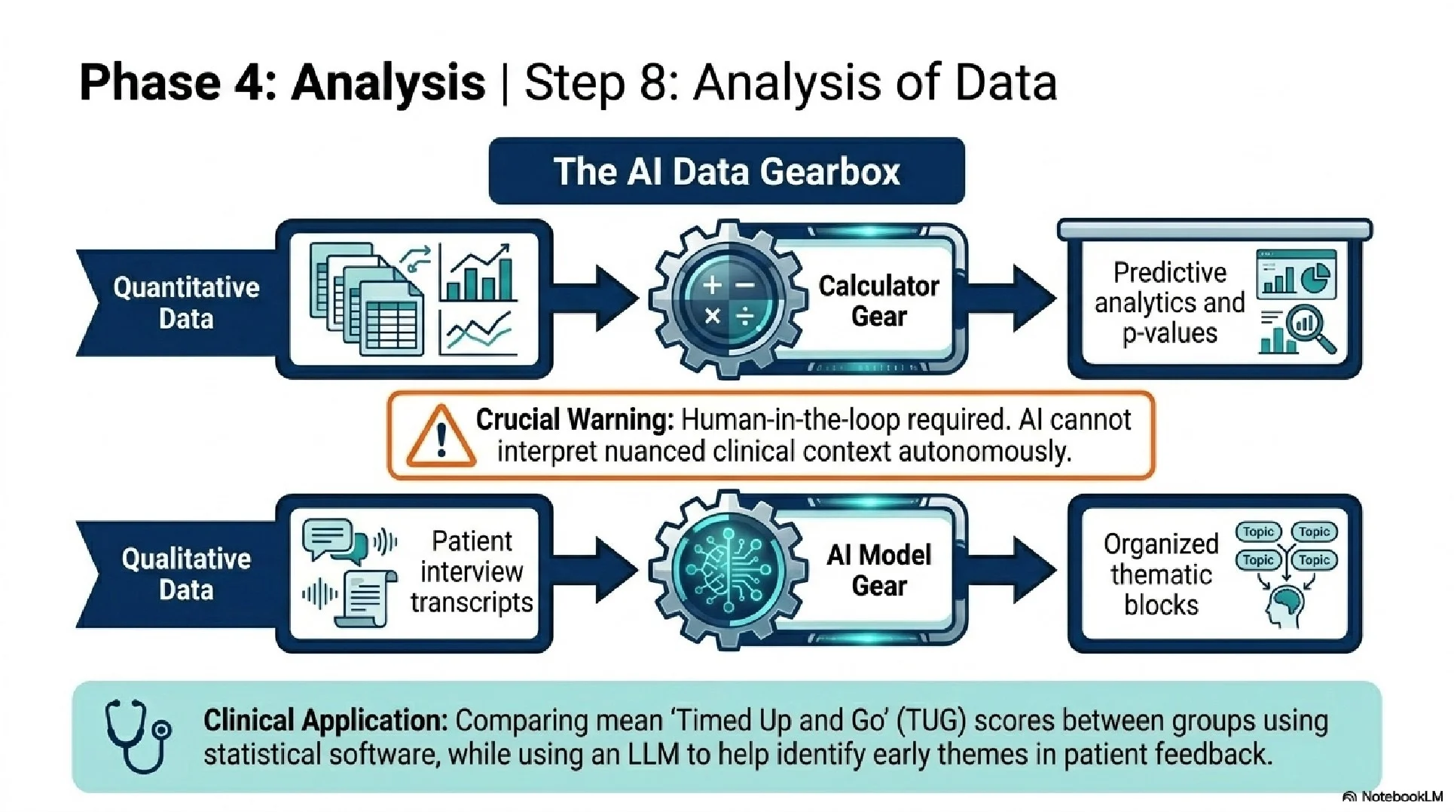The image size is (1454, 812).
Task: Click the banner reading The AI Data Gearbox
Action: click(x=726, y=171)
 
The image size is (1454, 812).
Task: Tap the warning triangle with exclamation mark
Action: click(x=441, y=437)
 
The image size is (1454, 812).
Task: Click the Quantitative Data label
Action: click(x=186, y=302)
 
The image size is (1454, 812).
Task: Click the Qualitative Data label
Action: click(x=186, y=574)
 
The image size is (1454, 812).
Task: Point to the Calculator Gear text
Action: click(x=878, y=301)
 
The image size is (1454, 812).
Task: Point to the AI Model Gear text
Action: click(x=878, y=570)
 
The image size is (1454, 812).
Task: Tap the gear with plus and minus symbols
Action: click(x=727, y=299)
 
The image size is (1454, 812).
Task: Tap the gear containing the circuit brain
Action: click(x=727, y=570)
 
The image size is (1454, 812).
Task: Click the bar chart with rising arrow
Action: click(x=478, y=273)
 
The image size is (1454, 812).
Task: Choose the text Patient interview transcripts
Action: click(x=472, y=571)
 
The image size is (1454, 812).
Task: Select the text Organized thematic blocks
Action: click(x=1160, y=574)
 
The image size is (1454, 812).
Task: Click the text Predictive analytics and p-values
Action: click(x=1169, y=302)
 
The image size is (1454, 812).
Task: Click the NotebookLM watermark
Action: click(x=1394, y=797)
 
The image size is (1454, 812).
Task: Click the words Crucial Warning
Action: click(x=574, y=419)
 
